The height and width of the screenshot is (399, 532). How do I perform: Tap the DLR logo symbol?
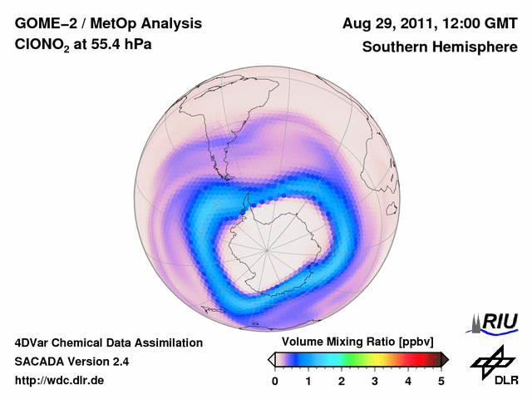tap(490, 361)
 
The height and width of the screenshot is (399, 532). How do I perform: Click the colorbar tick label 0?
tap(275, 381)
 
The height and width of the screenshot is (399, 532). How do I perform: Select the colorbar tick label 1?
tap(308, 381)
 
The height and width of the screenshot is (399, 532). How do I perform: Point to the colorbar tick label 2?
tap(342, 381)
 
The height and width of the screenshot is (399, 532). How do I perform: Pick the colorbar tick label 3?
tap(375, 381)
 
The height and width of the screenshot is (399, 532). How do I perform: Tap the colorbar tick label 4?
tap(408, 381)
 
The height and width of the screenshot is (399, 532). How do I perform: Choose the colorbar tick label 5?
tap(441, 381)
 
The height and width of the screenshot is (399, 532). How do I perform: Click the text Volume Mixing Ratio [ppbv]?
tap(358, 342)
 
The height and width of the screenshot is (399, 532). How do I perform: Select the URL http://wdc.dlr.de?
tap(59, 381)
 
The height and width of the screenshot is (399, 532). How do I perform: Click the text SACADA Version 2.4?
tap(71, 362)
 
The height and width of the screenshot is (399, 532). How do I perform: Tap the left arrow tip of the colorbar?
tap(270, 359)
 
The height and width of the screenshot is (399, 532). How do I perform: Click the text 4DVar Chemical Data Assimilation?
tap(108, 342)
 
